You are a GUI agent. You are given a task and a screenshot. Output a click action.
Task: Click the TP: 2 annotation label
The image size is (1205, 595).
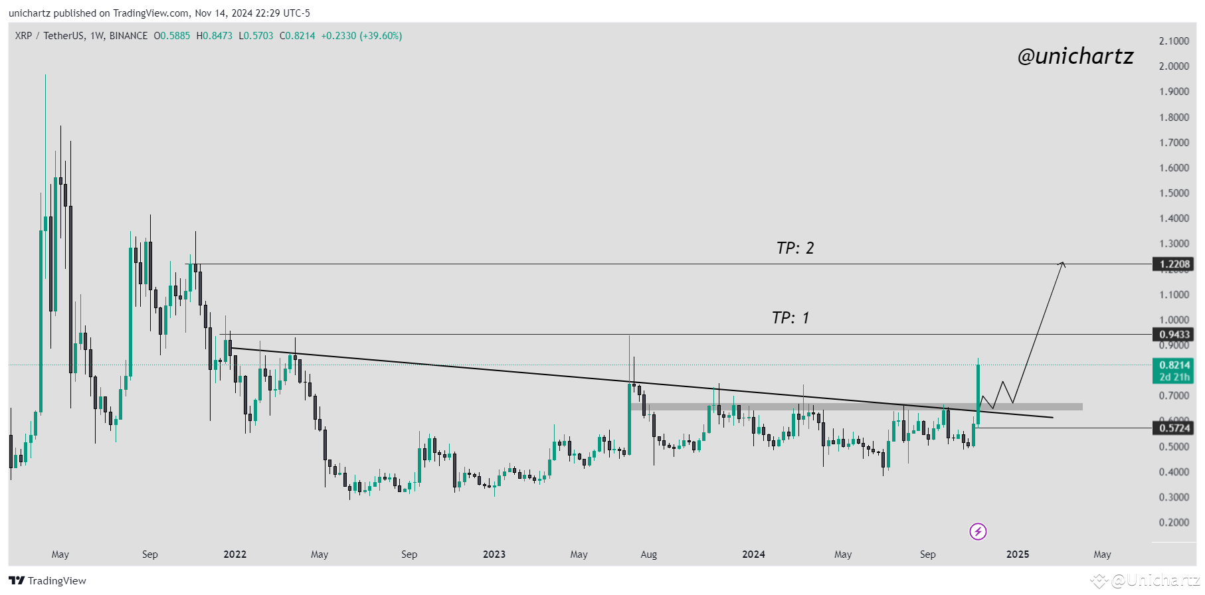tap(794, 248)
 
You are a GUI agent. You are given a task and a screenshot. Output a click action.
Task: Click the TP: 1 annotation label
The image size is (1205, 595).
tap(790, 318)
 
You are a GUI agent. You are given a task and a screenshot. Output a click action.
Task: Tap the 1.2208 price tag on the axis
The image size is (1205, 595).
tap(1174, 264)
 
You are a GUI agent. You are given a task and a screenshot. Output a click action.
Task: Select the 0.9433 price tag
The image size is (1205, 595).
tap(1174, 335)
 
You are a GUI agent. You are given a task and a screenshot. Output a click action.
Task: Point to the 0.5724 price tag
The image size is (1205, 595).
tap(1174, 428)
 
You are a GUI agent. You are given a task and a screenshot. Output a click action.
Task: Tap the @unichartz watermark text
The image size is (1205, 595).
tap(1075, 56)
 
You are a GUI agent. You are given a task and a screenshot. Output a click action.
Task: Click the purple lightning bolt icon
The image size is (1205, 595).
tap(978, 531)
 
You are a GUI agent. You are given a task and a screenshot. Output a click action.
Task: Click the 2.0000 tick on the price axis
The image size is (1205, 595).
tap(1174, 66)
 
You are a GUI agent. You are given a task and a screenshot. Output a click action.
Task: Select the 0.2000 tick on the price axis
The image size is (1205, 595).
tap(1174, 523)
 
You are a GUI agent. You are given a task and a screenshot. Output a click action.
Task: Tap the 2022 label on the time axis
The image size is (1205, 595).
tap(235, 554)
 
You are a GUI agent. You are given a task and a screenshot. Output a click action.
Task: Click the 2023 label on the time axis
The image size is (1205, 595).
tap(494, 554)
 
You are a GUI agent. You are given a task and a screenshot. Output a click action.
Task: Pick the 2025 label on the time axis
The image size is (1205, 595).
tap(1018, 554)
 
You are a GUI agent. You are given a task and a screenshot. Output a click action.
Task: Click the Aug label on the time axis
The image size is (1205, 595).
tap(648, 554)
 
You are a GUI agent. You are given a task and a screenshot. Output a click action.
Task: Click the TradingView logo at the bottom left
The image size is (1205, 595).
tap(48, 581)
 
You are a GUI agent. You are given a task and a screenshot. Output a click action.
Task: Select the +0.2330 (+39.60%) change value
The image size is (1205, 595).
tap(361, 36)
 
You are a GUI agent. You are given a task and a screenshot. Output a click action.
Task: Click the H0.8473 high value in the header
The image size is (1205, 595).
tap(215, 36)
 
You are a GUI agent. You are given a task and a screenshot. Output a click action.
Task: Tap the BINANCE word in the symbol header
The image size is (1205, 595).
tap(128, 36)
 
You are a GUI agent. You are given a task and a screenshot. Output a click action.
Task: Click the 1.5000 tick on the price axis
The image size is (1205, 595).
tap(1174, 193)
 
